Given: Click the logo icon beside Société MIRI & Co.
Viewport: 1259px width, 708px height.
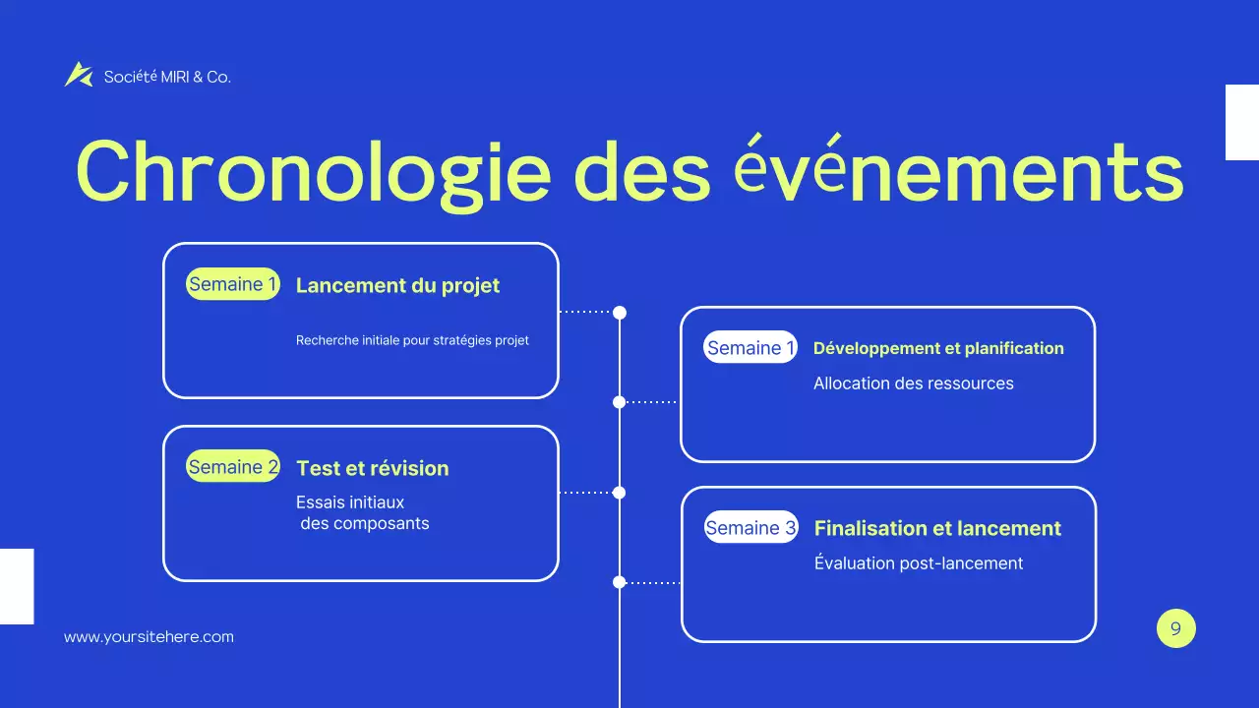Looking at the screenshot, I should (x=78, y=75).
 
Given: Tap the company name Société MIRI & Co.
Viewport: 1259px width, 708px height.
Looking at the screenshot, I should (x=167, y=77).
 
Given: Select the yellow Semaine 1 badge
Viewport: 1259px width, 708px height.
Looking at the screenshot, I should (x=233, y=285).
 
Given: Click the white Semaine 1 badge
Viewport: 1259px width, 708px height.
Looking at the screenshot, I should (x=750, y=347).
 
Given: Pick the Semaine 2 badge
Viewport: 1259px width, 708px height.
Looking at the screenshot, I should (x=233, y=467).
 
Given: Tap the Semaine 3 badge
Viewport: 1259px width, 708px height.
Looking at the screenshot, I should (x=750, y=528).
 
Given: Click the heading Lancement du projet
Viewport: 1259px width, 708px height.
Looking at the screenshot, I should (x=397, y=286).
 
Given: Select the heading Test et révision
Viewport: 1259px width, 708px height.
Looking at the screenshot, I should (x=372, y=469).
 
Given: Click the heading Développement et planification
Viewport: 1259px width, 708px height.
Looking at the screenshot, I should (x=938, y=348).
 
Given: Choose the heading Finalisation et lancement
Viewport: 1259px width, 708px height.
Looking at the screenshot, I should (x=937, y=529).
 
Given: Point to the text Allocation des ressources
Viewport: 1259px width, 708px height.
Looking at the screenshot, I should (x=913, y=383).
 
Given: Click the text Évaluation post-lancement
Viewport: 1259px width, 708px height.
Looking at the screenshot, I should (x=918, y=563).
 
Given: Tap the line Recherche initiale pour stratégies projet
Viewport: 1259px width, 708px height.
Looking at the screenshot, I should (x=412, y=340).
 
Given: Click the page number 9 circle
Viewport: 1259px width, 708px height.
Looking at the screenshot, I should (x=1175, y=628).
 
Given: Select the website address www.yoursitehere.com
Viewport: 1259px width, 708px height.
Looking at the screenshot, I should (x=149, y=637).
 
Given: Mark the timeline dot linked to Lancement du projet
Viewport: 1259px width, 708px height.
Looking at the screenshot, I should (x=620, y=313).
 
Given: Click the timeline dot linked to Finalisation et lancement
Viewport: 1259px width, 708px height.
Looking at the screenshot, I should (x=620, y=582).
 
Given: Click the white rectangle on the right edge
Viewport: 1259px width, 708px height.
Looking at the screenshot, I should (x=1241, y=122).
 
